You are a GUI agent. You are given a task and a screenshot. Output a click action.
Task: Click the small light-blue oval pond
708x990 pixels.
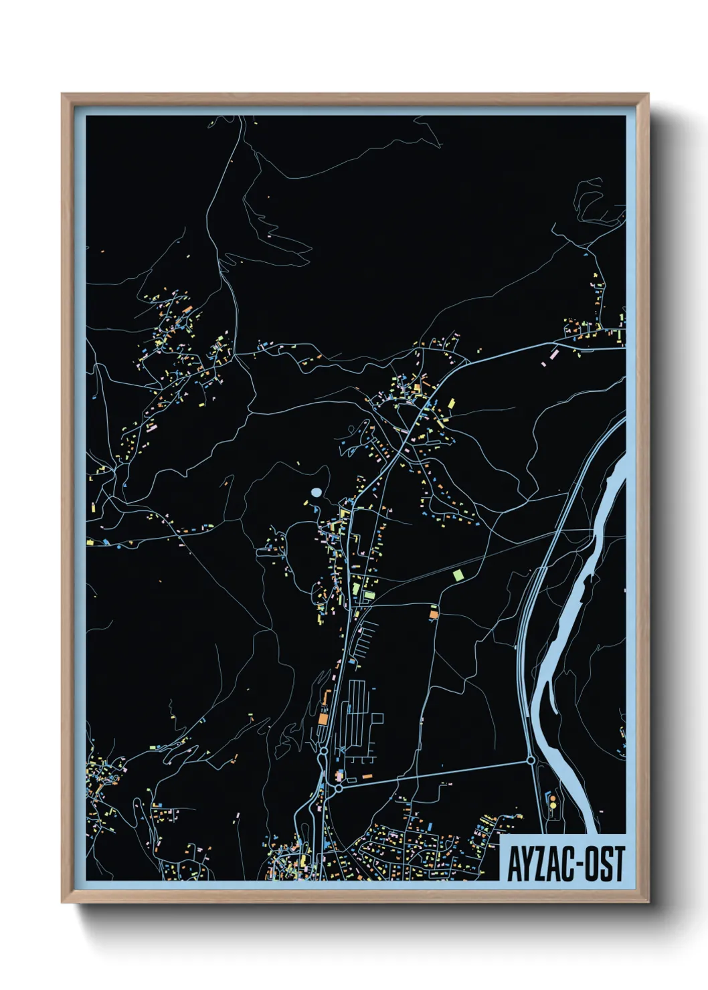pos(316,492)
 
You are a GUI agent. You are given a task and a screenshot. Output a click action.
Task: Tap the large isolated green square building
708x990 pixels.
pos(458,574)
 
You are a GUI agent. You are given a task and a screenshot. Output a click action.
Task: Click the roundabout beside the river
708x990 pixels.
pos(531,761)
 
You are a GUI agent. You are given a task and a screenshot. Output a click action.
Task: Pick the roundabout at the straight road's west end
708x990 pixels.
pos(339,789)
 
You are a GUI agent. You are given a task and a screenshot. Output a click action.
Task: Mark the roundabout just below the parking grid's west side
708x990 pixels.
pos(324,752)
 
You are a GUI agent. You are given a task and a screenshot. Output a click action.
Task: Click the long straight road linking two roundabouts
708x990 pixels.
pos(435,775)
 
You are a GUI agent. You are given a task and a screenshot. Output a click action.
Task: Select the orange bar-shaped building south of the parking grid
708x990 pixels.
pos(367,776)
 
